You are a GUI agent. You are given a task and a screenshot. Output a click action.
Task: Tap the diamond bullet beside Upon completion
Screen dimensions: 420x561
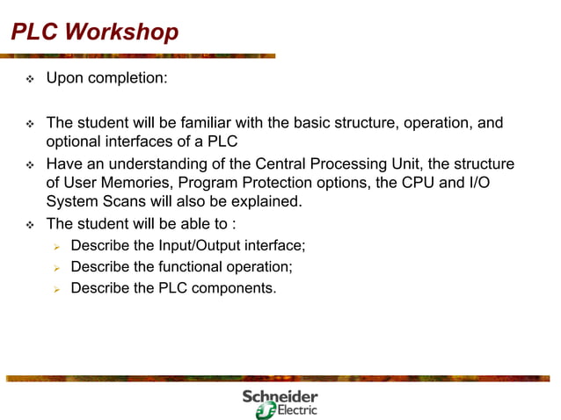tap(29, 79)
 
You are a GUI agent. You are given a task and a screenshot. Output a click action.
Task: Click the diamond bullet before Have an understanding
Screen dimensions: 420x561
tap(29, 164)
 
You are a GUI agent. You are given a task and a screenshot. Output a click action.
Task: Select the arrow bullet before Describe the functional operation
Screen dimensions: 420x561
tap(55, 266)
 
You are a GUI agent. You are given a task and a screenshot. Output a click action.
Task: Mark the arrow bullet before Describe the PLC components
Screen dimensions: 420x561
tap(55, 287)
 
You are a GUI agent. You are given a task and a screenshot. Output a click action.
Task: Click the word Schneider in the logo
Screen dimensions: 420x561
tap(280, 397)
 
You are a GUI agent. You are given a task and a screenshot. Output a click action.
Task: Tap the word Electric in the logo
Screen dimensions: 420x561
tap(297, 411)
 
